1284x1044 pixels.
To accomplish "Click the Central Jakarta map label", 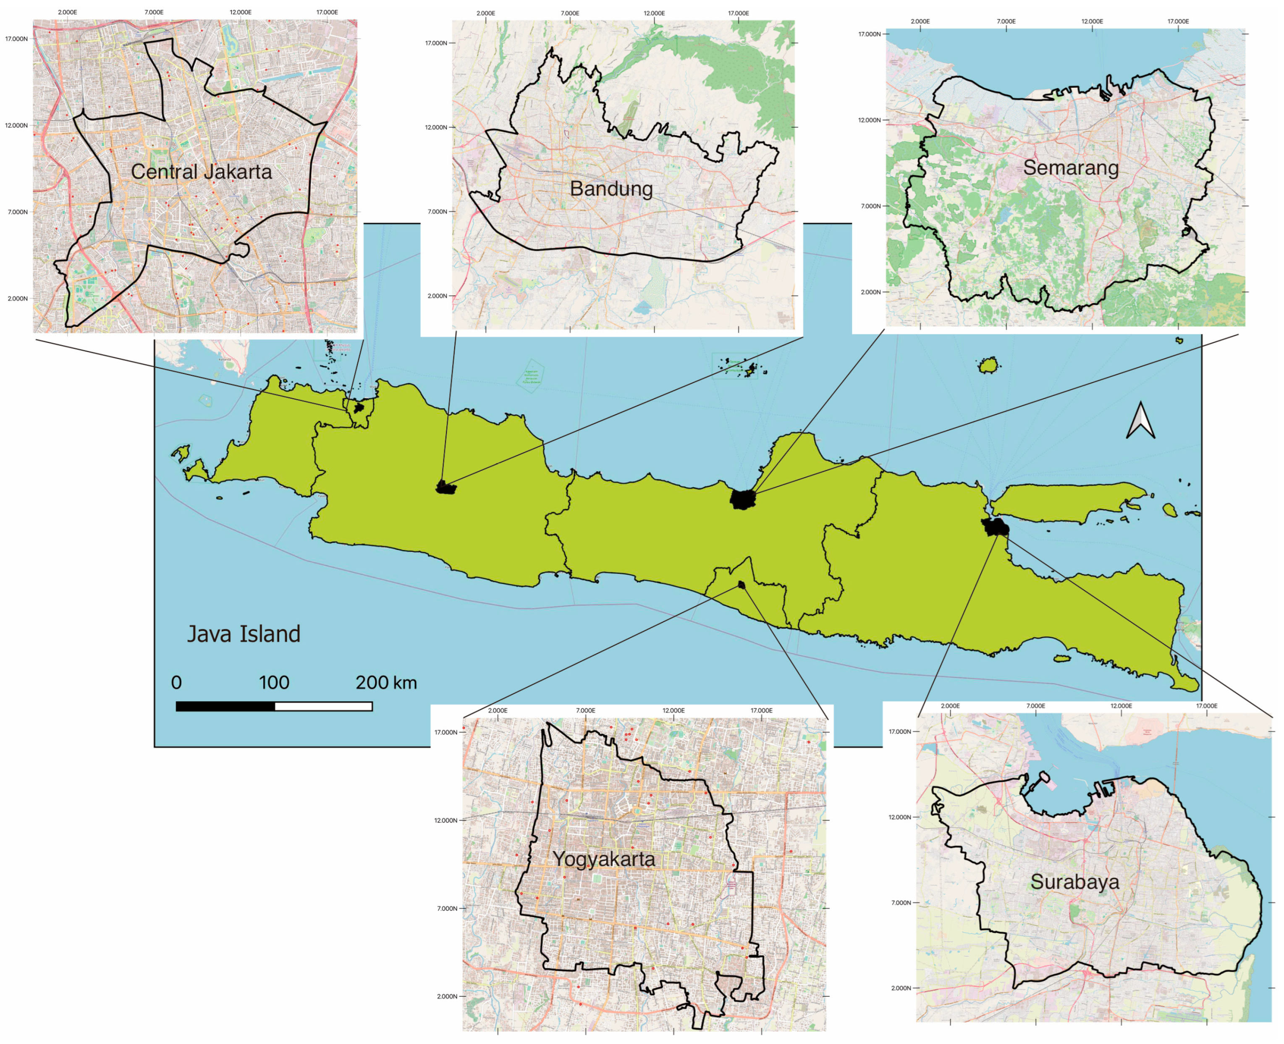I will tap(202, 172).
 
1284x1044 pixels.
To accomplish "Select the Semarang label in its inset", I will tap(1071, 168).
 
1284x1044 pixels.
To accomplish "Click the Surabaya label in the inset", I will tap(1075, 882).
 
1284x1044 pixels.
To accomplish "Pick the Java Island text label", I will tap(244, 634).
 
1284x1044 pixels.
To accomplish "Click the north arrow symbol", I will tap(1140, 421).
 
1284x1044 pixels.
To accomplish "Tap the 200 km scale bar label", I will tap(386, 683).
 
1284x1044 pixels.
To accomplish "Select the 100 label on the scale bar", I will tap(274, 683).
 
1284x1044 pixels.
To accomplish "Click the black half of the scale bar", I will tap(225, 706).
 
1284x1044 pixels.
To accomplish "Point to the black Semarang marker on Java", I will tap(742, 499).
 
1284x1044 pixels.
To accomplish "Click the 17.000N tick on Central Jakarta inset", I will tap(16, 39).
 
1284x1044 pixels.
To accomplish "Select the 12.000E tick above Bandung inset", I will tap(654, 13).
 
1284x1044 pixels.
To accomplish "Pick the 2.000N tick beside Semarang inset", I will tap(870, 292).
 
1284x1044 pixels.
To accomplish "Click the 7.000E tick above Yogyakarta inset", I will tap(585, 711).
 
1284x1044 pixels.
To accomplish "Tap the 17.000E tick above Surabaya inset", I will tap(1206, 706).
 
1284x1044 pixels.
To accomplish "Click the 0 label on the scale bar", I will tap(176, 683).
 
